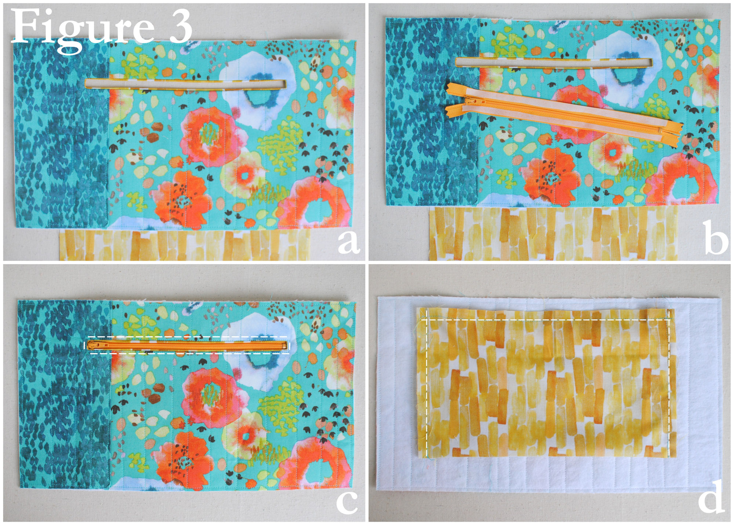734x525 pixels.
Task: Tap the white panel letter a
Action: click(x=348, y=242)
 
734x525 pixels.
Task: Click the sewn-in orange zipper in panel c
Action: click(x=187, y=345)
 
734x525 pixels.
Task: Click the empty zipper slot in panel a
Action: click(x=186, y=84)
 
